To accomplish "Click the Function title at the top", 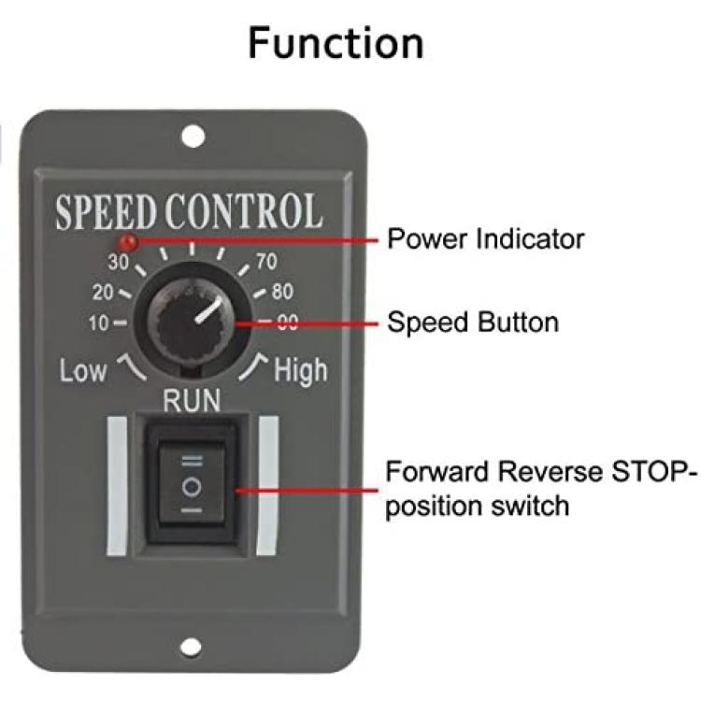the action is click(336, 43).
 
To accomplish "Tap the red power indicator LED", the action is click(127, 242).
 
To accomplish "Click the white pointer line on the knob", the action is click(208, 309).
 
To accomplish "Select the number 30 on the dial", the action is click(119, 262).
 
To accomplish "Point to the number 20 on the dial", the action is click(103, 292).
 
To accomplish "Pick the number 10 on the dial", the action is click(99, 322).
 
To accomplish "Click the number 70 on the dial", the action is click(266, 262).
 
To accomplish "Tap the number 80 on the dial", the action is click(282, 292).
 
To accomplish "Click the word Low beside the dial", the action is click(83, 371).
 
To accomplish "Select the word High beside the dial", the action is click(300, 371).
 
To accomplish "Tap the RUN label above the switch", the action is click(192, 400).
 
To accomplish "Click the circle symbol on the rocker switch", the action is click(193, 486).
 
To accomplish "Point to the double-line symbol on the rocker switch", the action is click(193, 461).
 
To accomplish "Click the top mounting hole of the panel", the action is click(193, 136).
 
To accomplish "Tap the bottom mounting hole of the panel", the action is click(191, 647).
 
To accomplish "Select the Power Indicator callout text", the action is click(485, 238).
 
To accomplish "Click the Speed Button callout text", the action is click(473, 322).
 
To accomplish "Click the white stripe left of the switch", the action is click(118, 486).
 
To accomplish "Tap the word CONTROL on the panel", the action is click(244, 211).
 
